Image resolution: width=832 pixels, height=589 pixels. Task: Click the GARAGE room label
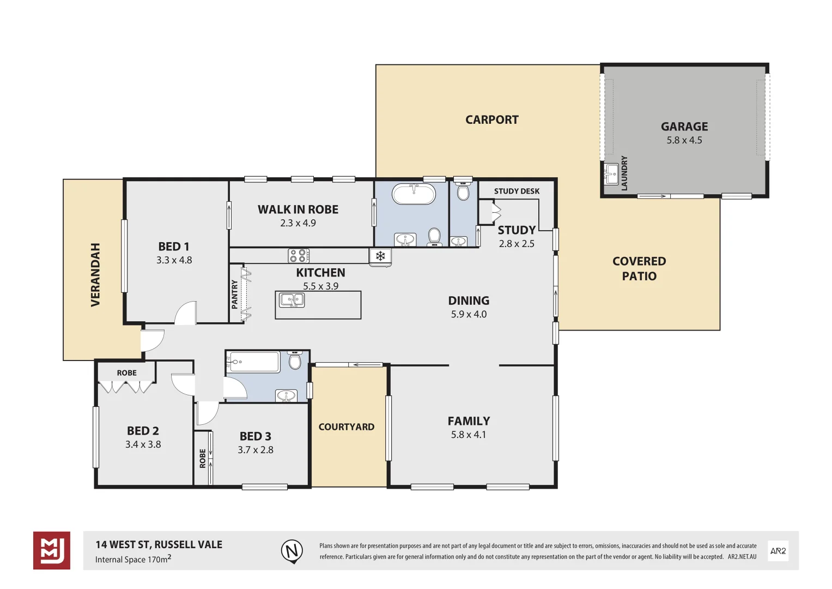pyautogui.click(x=684, y=127)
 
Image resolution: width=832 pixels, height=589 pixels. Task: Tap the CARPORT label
pyautogui.click(x=491, y=120)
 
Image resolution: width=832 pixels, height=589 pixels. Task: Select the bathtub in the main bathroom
pyautogui.click(x=414, y=194)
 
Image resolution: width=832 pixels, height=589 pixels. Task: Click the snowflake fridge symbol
pyautogui.click(x=380, y=256)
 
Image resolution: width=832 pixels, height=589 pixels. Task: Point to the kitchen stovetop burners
pyautogui.click(x=298, y=256)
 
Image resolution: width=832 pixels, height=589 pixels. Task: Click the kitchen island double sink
pyautogui.click(x=291, y=300)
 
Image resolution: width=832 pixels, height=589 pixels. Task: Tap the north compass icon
pyautogui.click(x=292, y=551)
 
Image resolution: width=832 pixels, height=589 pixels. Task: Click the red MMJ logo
pyautogui.click(x=52, y=550)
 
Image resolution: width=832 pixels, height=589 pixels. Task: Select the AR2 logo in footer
pyautogui.click(x=778, y=551)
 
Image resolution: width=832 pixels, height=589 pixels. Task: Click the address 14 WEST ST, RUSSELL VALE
pyautogui.click(x=159, y=544)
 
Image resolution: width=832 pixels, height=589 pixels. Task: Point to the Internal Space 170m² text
pyautogui.click(x=133, y=559)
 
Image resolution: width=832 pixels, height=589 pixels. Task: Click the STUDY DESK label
pyautogui.click(x=517, y=191)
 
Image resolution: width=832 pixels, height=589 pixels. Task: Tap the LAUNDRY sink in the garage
pyautogui.click(x=611, y=174)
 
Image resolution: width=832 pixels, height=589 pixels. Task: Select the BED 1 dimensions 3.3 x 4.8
pyautogui.click(x=174, y=260)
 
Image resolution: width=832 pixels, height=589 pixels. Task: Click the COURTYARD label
pyautogui.click(x=347, y=427)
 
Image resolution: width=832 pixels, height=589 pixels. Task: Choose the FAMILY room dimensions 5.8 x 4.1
pyautogui.click(x=468, y=435)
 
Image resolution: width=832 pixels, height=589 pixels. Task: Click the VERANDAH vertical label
pyautogui.click(x=95, y=275)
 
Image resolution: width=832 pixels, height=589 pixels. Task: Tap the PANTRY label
pyautogui.click(x=235, y=294)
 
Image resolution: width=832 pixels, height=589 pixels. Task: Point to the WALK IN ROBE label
pyautogui.click(x=297, y=209)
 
